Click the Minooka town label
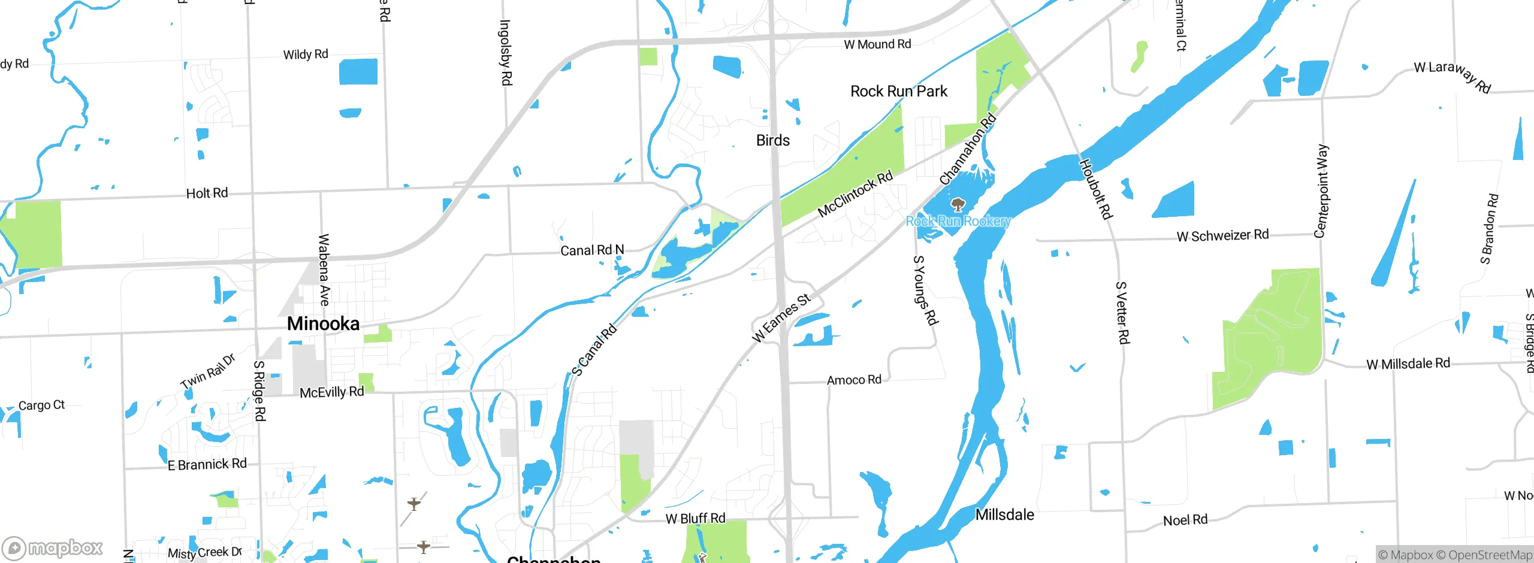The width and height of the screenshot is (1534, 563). pyautogui.click(x=323, y=324)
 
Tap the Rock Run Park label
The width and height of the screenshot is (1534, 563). pyautogui.click(x=898, y=92)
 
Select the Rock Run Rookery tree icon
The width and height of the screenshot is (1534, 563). pyautogui.click(x=958, y=205)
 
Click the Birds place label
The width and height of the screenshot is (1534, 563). pyautogui.click(x=772, y=141)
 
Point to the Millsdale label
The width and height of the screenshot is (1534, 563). pyautogui.click(x=1004, y=515)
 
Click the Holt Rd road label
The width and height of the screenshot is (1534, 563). pyautogui.click(x=207, y=193)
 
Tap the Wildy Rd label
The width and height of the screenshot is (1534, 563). pyautogui.click(x=306, y=55)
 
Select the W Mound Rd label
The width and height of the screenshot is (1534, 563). pyautogui.click(x=877, y=44)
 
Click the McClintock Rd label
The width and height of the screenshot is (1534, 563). pyautogui.click(x=855, y=193)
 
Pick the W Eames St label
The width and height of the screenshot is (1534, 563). pyautogui.click(x=781, y=318)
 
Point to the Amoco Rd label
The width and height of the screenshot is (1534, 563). pyautogui.click(x=854, y=380)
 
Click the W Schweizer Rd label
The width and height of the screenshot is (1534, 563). pyautogui.click(x=1222, y=235)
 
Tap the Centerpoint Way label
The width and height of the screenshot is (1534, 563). pyautogui.click(x=1321, y=191)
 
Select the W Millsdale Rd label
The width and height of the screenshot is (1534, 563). pyautogui.click(x=1408, y=364)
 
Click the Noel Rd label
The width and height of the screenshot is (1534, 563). pyautogui.click(x=1185, y=520)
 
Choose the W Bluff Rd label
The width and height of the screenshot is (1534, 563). pyautogui.click(x=695, y=519)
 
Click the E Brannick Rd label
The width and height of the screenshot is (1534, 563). pyautogui.click(x=207, y=465)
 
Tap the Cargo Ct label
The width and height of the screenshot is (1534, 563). pyautogui.click(x=41, y=405)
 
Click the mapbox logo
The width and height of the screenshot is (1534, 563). pyautogui.click(x=53, y=547)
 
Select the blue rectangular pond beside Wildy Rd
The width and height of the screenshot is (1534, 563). pyautogui.click(x=358, y=71)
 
